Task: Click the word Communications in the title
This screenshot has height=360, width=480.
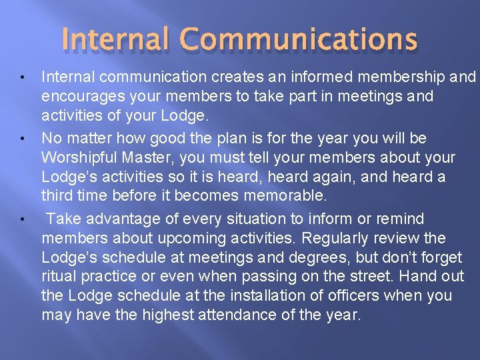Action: tap(299, 40)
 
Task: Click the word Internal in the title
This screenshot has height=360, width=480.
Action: tap(117, 40)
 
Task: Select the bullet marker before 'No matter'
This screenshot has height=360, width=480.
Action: tap(23, 139)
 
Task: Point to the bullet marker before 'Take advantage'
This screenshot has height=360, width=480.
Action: tap(23, 219)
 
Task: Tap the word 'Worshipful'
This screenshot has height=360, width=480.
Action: tap(82, 158)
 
